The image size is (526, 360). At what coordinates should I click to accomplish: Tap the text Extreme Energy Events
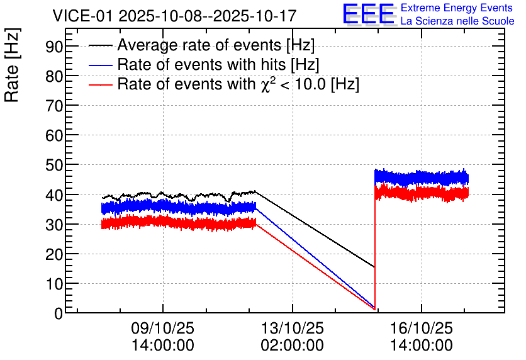point(457,8)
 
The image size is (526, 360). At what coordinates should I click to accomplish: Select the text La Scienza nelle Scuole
point(457,21)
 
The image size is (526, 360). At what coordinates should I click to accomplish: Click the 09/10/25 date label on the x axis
point(163,328)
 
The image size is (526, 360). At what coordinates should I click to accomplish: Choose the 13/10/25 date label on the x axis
point(292,328)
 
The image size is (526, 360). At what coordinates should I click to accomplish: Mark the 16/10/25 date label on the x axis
point(421,328)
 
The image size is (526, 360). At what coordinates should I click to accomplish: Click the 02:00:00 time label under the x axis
point(292,345)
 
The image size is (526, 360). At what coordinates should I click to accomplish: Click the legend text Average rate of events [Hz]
point(216,45)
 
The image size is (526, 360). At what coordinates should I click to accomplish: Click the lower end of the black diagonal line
point(374,266)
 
